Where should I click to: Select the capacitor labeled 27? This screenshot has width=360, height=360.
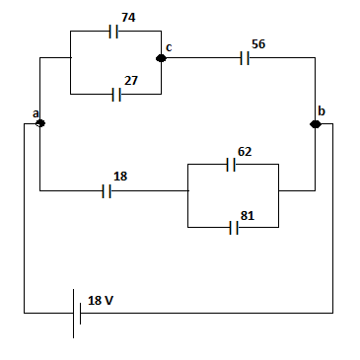116,95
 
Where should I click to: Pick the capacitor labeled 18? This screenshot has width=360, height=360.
108,191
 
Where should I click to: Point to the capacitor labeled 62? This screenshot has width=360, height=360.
231,164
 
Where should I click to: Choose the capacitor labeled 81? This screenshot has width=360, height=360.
234,228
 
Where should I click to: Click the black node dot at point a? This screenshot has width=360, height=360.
39,123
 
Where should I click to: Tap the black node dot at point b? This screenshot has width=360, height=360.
316,123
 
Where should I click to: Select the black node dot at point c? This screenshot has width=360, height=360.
161,58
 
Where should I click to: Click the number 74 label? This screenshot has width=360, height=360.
127,18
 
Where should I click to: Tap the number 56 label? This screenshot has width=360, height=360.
259,45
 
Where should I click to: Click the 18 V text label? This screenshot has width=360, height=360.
101,300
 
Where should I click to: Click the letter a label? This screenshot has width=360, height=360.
35,113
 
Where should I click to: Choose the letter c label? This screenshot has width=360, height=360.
169,47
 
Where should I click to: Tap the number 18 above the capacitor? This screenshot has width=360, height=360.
120,176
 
